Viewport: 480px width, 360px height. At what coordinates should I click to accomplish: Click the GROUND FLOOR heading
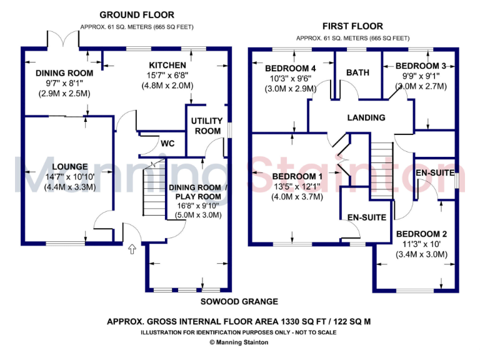(137, 14)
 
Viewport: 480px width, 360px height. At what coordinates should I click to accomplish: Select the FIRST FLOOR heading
(352, 26)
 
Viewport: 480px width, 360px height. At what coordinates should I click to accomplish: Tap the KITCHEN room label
(167, 65)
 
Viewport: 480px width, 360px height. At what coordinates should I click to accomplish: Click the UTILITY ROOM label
(206, 126)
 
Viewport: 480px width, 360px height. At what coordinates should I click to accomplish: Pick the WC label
(167, 144)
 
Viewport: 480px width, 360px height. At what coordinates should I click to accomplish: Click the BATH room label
(357, 72)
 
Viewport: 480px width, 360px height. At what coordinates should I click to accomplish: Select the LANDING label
(366, 117)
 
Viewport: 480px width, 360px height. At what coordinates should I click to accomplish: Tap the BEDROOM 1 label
(297, 176)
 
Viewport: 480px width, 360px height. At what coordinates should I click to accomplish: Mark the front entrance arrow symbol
(131, 250)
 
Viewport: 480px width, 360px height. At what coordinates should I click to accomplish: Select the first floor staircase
(382, 171)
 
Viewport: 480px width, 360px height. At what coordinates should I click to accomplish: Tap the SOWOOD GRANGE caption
(239, 301)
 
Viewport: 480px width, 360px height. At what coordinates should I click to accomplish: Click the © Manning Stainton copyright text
(239, 342)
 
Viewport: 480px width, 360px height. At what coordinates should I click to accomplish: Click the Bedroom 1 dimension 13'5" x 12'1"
(297, 186)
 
